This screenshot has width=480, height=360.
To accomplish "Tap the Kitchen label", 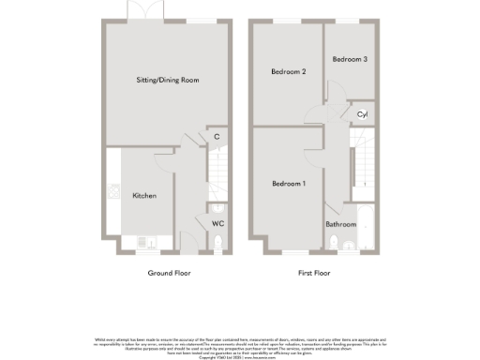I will pyautogui.click(x=143, y=196).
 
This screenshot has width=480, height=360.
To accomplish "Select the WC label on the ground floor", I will pyautogui.click(x=217, y=224).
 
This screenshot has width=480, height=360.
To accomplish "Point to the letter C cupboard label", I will pyautogui.click(x=217, y=138).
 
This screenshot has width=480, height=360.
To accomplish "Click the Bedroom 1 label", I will pyautogui.click(x=289, y=183).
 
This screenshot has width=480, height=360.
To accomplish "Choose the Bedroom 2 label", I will pyautogui.click(x=289, y=71).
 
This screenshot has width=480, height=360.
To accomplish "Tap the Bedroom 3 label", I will pyautogui.click(x=350, y=59).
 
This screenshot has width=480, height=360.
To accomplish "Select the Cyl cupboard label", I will pyautogui.click(x=362, y=113).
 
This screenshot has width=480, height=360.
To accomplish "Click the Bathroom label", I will pyautogui.click(x=340, y=225).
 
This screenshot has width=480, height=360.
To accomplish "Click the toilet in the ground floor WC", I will pyautogui.click(x=217, y=246).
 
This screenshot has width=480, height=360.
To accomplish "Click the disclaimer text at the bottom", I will pyautogui.click(x=239, y=345).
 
